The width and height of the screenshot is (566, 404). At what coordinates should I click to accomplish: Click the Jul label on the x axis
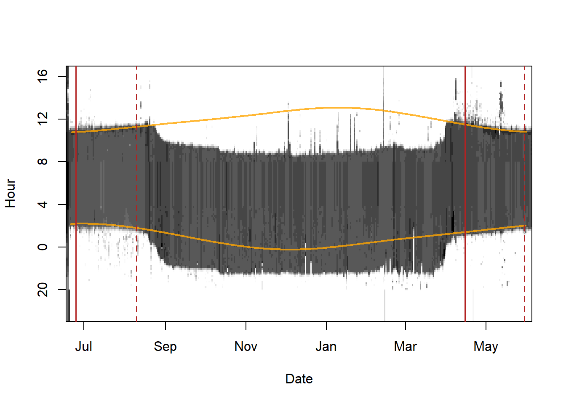(83, 347)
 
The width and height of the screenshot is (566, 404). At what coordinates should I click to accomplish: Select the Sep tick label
(165, 347)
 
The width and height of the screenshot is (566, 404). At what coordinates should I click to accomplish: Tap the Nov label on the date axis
(246, 347)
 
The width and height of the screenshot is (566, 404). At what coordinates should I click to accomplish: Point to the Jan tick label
(326, 347)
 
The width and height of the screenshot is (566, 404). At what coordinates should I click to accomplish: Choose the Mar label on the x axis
(405, 347)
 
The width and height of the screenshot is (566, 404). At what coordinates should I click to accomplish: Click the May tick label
(486, 347)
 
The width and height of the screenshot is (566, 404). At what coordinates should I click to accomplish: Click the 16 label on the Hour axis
(43, 76)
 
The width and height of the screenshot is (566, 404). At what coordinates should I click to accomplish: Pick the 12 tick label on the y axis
(43, 119)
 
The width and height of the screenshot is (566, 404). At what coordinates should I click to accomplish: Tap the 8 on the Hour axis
(43, 162)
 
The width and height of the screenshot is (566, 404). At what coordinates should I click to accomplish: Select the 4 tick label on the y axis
(43, 205)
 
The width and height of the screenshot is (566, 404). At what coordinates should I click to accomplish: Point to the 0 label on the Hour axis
(43, 247)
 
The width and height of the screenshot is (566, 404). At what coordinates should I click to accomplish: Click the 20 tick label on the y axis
(43, 290)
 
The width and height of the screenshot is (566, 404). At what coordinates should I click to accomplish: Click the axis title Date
(299, 379)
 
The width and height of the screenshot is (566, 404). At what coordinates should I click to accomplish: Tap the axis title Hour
(11, 194)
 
